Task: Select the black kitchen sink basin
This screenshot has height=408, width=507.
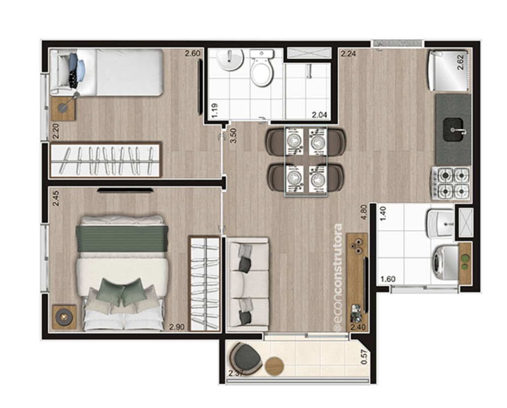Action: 453,129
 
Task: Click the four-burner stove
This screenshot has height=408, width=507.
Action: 451,183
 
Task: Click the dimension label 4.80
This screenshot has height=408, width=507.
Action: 363,212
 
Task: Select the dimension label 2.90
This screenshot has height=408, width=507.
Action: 176,327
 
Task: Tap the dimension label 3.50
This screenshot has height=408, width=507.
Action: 233,135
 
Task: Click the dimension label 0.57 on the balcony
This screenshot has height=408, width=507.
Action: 364,358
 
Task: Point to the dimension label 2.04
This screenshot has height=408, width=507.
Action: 318,115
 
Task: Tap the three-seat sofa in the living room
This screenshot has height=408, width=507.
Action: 247,284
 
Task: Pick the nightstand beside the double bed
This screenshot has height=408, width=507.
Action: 64,317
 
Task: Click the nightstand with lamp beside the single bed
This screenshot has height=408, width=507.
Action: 63,108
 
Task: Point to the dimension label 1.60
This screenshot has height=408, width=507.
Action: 388,279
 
